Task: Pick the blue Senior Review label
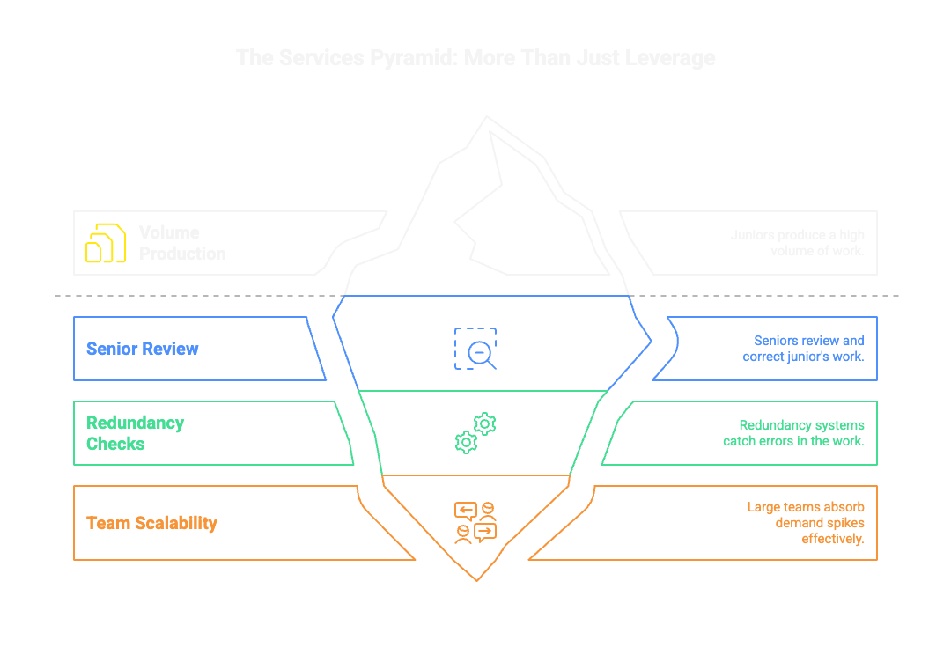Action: coord(143,349)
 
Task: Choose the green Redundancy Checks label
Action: coord(135,433)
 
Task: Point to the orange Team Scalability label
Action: coord(151,523)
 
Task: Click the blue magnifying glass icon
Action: coord(476,349)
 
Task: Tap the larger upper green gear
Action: coord(484,423)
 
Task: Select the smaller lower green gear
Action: coord(466,442)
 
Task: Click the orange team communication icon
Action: coord(475,523)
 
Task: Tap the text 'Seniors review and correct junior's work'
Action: coord(803,349)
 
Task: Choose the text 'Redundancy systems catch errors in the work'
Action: coord(793,433)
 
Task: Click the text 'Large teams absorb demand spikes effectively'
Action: coord(805,523)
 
